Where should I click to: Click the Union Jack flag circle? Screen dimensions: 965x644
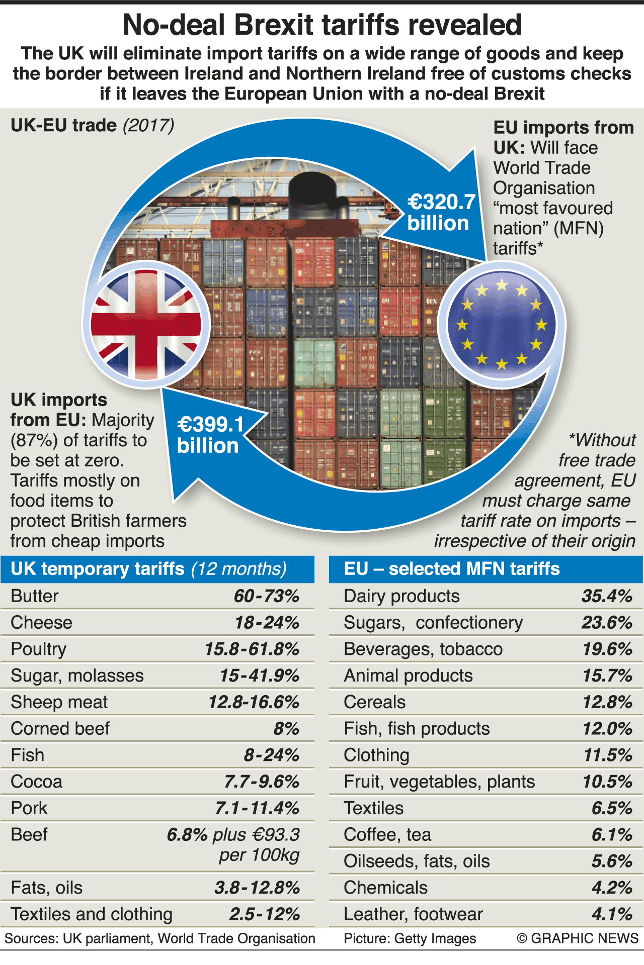(146, 324)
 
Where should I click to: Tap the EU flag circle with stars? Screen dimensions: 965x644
(502, 324)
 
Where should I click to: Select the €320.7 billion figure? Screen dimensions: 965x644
(441, 213)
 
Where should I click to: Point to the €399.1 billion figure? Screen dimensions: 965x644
(210, 435)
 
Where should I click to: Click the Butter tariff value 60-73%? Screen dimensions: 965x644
(267, 596)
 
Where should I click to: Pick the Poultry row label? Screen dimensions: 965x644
(39, 649)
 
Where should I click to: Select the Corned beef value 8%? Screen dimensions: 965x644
(286, 729)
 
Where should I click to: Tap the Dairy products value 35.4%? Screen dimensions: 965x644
(607, 596)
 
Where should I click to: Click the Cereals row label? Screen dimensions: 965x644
(375, 702)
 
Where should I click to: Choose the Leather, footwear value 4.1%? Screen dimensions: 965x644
(612, 914)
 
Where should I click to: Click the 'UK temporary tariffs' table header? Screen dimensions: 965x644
(148, 569)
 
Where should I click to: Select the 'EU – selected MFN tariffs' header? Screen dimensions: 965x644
(451, 569)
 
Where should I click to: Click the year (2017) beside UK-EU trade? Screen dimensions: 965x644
(149, 125)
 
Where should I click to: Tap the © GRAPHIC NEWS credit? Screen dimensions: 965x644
(578, 938)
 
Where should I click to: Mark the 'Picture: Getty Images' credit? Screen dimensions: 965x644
(410, 938)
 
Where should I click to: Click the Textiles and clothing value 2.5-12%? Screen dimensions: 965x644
(265, 914)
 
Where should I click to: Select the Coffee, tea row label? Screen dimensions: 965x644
(387, 835)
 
